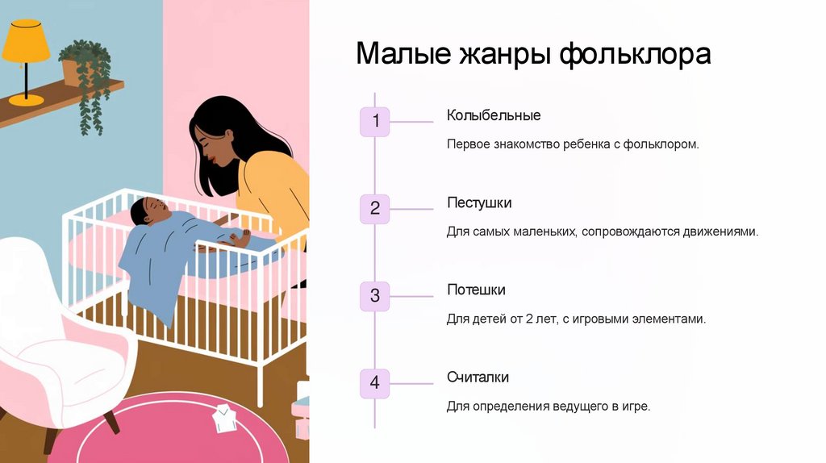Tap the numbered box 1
[374, 122]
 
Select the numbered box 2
[374, 209]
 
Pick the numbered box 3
[374, 296]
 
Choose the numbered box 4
[374, 383]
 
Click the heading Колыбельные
[494, 115]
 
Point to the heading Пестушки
[479, 202]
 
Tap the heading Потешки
[476, 290]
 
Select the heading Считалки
[478, 377]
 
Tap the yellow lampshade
[26, 42]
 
